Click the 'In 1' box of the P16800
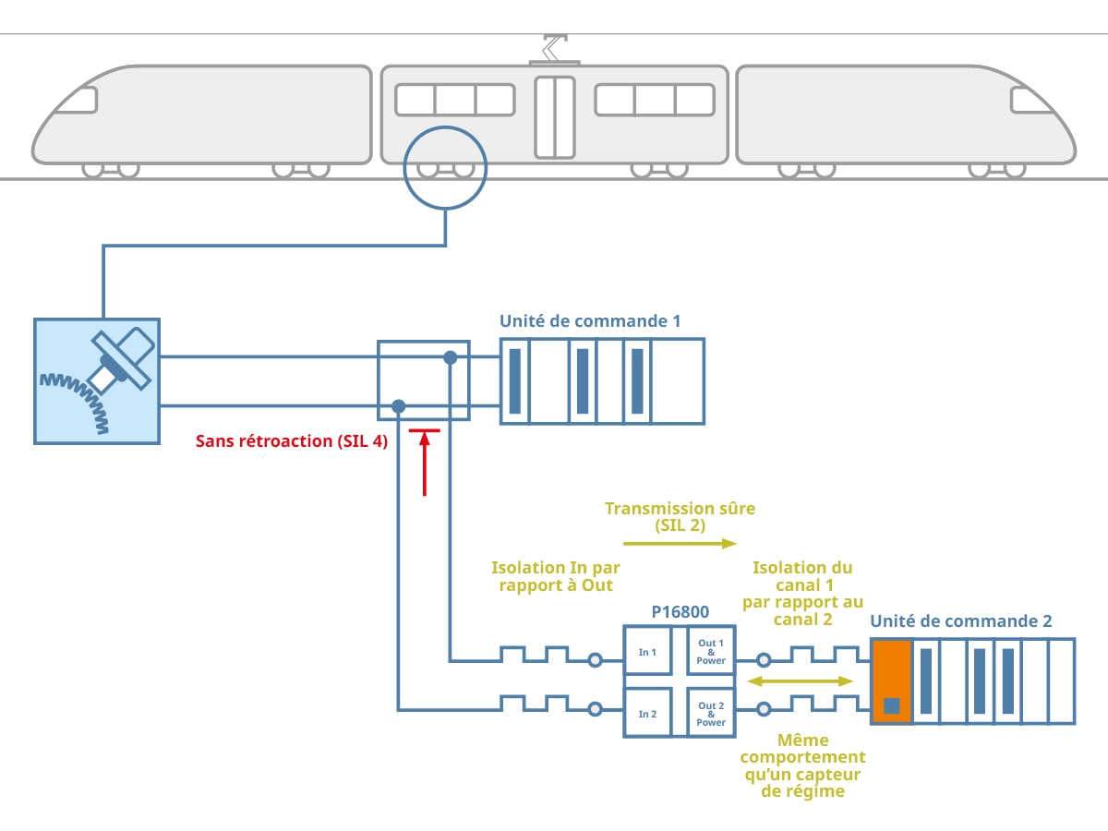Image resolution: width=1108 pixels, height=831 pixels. click(647, 653)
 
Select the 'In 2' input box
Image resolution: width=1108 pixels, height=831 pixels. click(647, 714)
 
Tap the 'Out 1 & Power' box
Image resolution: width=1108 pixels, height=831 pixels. click(711, 652)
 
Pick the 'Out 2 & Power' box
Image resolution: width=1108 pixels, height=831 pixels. click(711, 714)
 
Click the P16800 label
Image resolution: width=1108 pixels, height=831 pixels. click(680, 611)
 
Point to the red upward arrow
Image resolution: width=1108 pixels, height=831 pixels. click(425, 462)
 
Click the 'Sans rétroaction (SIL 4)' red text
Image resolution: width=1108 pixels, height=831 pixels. click(291, 441)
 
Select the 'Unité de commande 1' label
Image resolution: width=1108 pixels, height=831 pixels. click(590, 321)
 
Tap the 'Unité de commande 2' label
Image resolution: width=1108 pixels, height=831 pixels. click(960, 621)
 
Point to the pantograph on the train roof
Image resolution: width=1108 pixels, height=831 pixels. click(554, 48)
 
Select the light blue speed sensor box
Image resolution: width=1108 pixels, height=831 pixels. click(97, 381)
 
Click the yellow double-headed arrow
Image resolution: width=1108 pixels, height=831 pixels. click(800, 681)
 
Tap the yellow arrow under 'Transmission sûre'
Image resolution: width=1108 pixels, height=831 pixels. click(680, 543)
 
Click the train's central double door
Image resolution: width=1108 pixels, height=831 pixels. click(554, 117)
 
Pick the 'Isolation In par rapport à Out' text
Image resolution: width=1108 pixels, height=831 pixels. click(555, 576)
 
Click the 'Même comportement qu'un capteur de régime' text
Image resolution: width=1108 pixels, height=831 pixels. click(802, 765)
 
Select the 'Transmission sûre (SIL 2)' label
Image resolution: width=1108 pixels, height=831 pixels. click(680, 517)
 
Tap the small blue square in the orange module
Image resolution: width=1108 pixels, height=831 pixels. click(891, 706)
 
